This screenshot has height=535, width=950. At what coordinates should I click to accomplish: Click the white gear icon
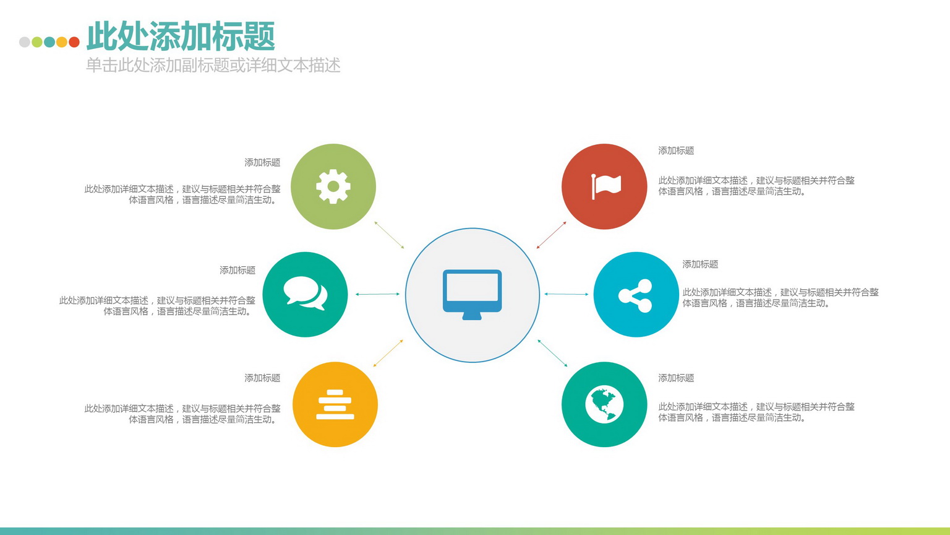(x=333, y=186)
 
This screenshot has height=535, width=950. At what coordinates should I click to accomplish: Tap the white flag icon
(x=607, y=186)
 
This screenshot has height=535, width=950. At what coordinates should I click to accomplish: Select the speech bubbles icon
(x=306, y=293)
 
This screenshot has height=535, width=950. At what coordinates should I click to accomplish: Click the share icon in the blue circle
(x=635, y=295)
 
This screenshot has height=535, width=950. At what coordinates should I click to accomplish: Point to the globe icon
(x=604, y=404)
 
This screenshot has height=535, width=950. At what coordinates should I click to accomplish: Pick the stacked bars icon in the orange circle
(x=335, y=404)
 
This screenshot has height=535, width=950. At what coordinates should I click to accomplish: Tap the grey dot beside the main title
(x=25, y=41)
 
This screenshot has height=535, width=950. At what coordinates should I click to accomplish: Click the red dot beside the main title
(x=74, y=41)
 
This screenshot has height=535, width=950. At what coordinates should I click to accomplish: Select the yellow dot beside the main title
(x=62, y=41)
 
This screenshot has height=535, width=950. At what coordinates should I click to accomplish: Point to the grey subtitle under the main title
(x=213, y=66)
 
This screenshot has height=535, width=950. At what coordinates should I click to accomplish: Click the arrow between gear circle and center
(x=389, y=235)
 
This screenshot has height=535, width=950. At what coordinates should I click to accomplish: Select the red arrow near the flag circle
(x=551, y=235)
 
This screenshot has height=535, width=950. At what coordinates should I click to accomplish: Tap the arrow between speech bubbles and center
(x=377, y=294)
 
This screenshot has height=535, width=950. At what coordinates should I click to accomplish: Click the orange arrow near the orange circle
(x=388, y=353)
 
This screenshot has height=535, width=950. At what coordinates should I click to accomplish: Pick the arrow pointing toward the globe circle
(x=552, y=353)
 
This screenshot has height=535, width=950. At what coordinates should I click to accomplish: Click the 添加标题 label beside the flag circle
(x=676, y=150)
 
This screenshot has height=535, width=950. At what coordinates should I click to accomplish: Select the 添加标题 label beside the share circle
(x=700, y=264)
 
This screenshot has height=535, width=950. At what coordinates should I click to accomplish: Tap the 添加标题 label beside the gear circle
(x=262, y=162)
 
